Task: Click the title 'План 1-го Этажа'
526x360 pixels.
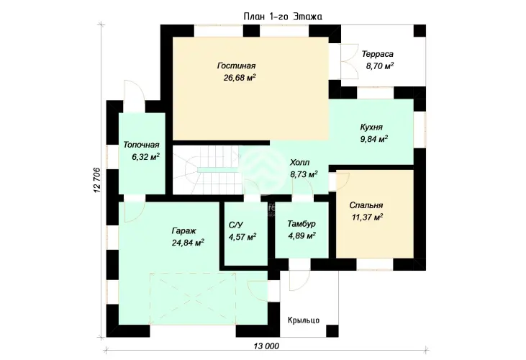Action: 283,17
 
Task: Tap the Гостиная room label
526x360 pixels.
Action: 237,66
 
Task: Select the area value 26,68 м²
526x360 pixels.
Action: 240,78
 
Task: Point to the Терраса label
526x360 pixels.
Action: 378,54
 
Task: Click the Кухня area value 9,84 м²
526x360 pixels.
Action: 374,139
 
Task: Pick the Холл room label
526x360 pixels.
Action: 299,163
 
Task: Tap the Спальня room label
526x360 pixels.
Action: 366,205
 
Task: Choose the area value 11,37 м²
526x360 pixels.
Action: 367,217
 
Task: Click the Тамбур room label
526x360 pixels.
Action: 301,224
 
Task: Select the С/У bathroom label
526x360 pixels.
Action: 237,225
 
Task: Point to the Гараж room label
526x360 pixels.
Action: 183,231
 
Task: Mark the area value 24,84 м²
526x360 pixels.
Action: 189,243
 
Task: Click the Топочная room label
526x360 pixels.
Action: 141,145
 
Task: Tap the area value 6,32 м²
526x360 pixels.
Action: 145,157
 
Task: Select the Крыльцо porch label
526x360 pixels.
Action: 304,320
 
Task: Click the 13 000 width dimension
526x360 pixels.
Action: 266,346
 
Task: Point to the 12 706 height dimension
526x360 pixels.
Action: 97,180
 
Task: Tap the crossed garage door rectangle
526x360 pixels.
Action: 193,299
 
